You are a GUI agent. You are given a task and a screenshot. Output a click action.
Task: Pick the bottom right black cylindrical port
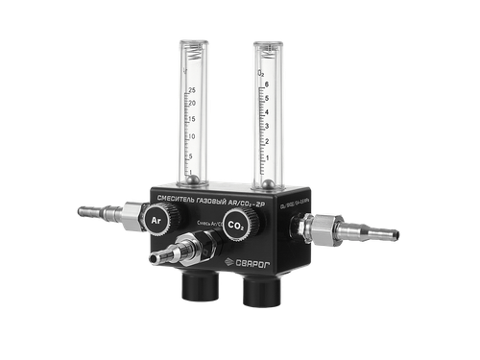(259, 292)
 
